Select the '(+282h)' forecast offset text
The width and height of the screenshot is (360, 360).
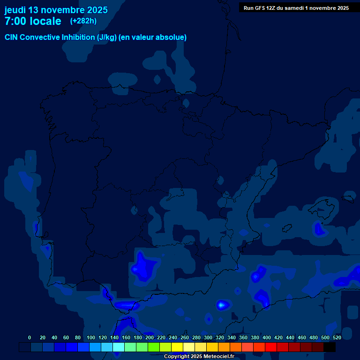[83, 21]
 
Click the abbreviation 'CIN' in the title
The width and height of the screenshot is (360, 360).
[11, 37]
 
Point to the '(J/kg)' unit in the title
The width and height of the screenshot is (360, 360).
[106, 37]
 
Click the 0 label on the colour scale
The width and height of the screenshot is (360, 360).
[30, 337]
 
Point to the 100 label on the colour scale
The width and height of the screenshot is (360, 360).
[91, 337]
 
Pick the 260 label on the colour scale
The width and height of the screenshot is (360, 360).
[185, 337]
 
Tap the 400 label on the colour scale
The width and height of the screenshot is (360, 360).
[267, 337]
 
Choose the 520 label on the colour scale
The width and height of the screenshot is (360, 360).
[337, 337]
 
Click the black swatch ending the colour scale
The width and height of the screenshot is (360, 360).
[330, 347]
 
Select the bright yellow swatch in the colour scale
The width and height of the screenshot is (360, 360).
[177, 347]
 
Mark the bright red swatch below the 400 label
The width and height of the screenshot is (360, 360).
[271, 347]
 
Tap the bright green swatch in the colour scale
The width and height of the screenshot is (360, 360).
[154, 347]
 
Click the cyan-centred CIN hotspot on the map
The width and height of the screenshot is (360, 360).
[222, 305]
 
